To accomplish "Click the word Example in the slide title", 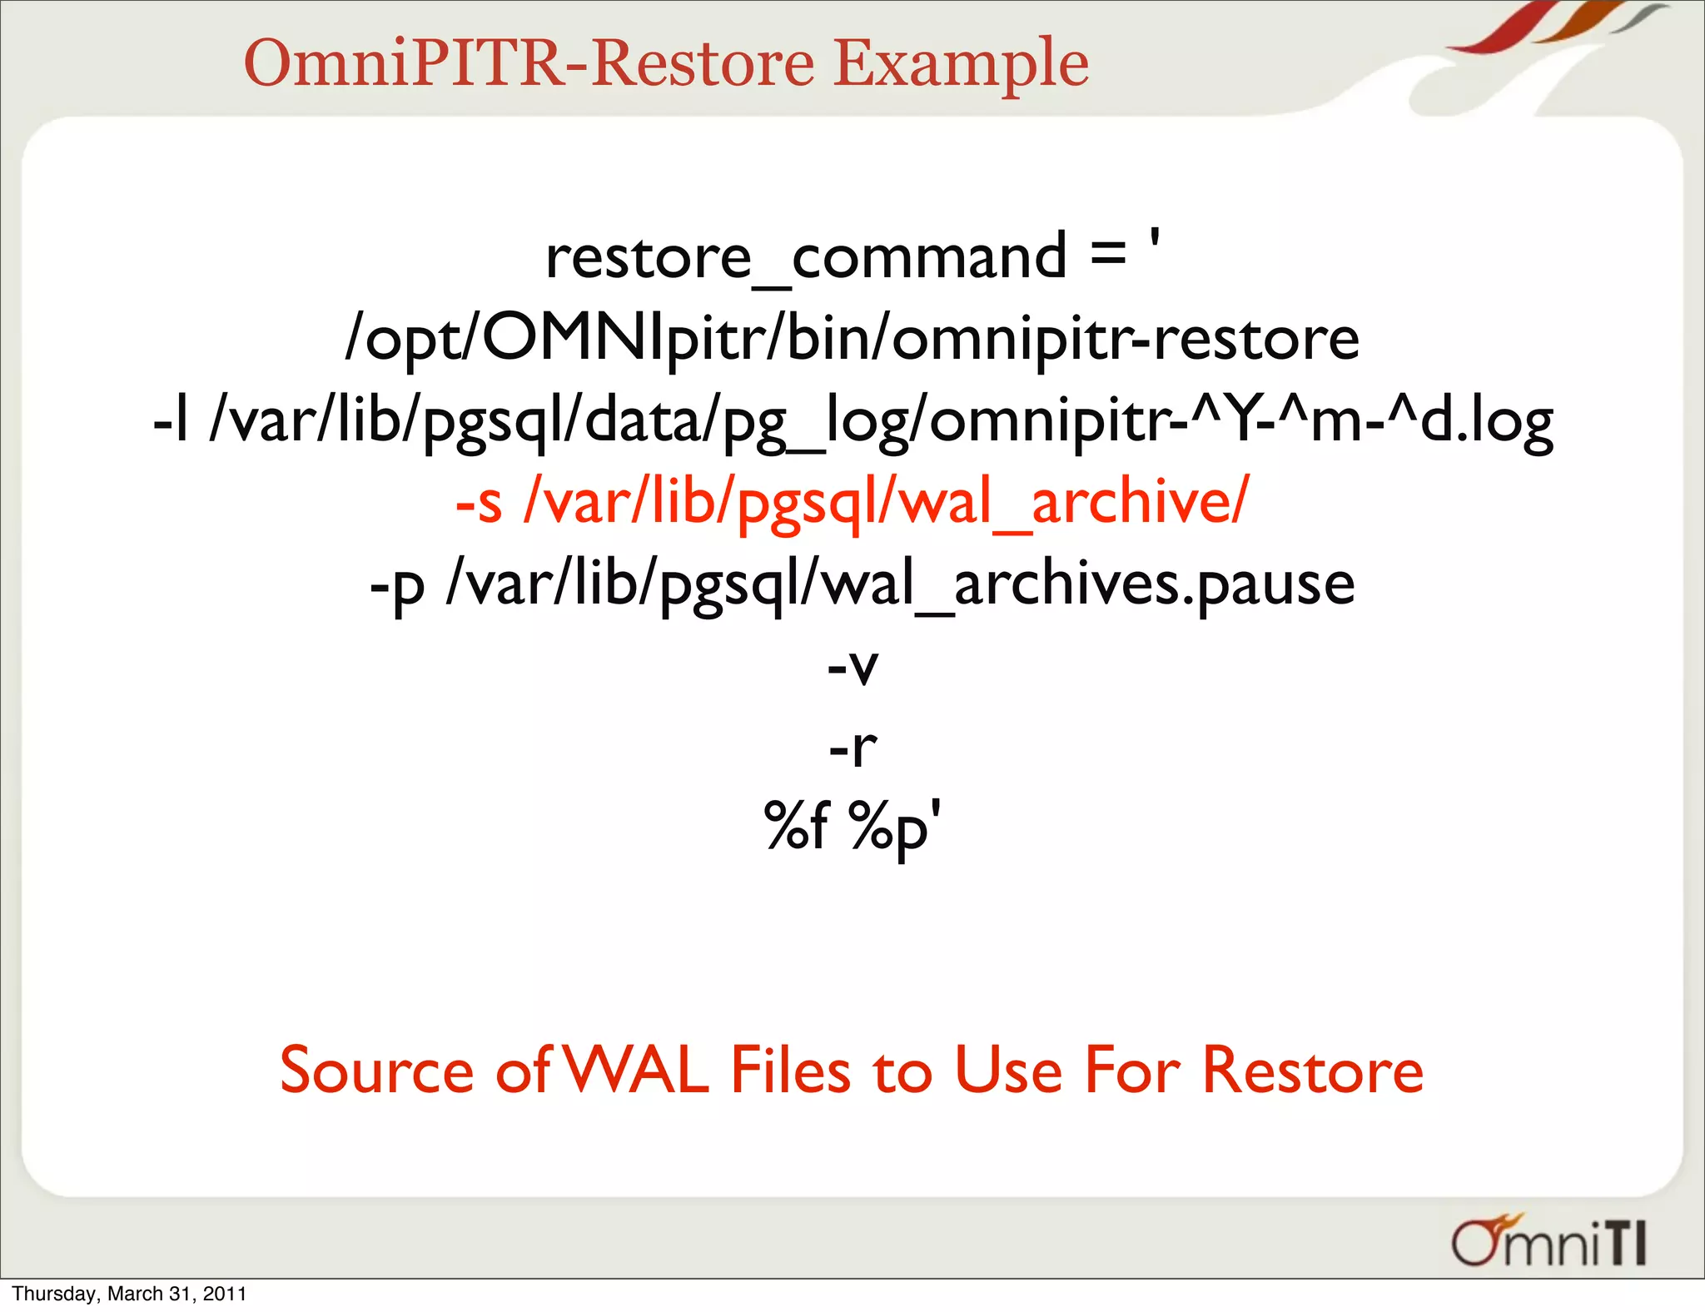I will click(961, 65).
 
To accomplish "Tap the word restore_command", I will click(806, 257).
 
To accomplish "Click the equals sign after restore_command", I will click(1108, 253).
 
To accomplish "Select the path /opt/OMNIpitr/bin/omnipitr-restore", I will click(852, 340).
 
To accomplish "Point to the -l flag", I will click(171, 421).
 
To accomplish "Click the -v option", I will click(852, 667).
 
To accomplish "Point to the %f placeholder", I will click(797, 827).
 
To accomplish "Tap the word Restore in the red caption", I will click(1312, 1071).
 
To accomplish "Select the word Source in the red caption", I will click(376, 1071).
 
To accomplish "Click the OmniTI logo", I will click(1548, 1242).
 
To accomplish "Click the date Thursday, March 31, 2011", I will click(130, 1294).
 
